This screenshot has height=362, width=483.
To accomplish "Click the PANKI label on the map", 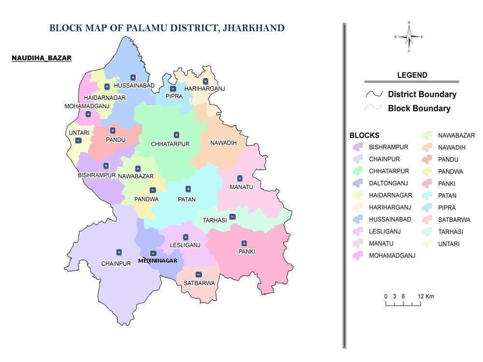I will pyautogui.click(x=246, y=251).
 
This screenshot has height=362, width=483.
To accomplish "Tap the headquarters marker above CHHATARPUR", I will pyautogui.click(x=176, y=135).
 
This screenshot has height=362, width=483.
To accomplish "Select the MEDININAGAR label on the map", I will pyautogui.click(x=157, y=261).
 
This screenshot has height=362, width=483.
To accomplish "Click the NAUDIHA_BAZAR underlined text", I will pyautogui.click(x=42, y=58).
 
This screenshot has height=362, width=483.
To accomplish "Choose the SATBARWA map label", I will pyautogui.click(x=199, y=283).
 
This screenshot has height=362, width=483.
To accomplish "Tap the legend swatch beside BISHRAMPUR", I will pyautogui.click(x=357, y=147).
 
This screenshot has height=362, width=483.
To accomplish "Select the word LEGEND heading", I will pyautogui.click(x=412, y=75).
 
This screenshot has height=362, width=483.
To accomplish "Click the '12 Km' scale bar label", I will pyautogui.click(x=426, y=296).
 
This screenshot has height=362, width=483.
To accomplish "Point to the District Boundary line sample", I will pyautogui.click(x=374, y=94).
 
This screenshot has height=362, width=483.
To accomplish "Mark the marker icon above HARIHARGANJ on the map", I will pyautogui.click(x=205, y=81).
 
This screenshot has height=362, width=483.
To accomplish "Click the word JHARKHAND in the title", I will pyautogui.click(x=256, y=28).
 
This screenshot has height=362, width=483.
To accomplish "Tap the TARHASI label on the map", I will pyautogui.click(x=214, y=220).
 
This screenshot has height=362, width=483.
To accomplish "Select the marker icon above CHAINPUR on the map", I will pyautogui.click(x=119, y=252).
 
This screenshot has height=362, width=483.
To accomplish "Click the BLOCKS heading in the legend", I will pyautogui.click(x=364, y=136).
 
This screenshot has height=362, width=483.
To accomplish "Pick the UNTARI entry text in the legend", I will pyautogui.click(x=449, y=244).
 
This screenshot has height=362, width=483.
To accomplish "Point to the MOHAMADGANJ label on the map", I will pyautogui.click(x=87, y=106).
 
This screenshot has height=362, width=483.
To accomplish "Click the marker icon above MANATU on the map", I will pyautogui.click(x=240, y=179).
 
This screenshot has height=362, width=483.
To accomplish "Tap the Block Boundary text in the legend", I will pyautogui.click(x=419, y=109).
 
